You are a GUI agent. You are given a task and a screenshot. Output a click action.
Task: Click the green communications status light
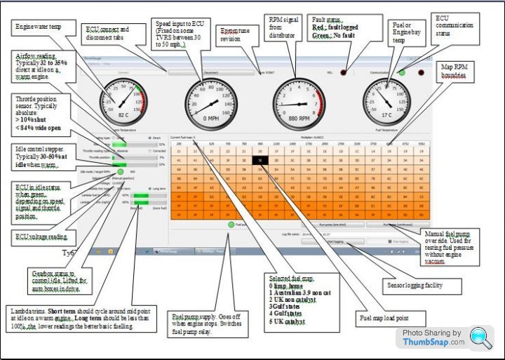[403, 72]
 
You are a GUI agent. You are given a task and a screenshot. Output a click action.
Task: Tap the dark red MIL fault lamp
[344, 72]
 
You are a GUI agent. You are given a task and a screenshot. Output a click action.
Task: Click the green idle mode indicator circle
[120, 172]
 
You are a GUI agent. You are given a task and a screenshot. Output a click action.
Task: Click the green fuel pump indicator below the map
[231, 225]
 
